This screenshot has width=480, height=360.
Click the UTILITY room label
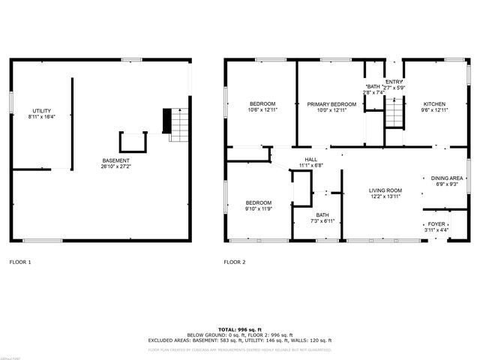coord(42,110)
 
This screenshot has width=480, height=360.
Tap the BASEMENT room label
coord(116,160)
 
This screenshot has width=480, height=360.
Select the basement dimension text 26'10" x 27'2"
coord(116,166)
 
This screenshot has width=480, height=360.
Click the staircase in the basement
coord(178,124)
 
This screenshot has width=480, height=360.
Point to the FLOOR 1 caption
coord(20,262)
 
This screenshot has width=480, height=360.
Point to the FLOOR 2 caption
coord(235,262)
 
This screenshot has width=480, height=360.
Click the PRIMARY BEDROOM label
coord(331,103)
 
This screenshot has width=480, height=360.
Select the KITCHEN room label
coord(435,103)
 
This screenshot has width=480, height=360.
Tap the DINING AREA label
coord(446,178)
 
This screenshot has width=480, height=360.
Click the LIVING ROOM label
coord(385,190)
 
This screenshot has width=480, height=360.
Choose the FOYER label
coord(436,223)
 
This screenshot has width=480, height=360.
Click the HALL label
coord(310,159)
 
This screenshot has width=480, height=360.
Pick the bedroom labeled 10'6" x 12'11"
coord(262,103)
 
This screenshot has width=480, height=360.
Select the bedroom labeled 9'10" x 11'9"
coord(259,202)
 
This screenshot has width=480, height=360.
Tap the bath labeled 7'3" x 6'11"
coord(322,215)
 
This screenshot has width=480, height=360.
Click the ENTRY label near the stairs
coord(394,82)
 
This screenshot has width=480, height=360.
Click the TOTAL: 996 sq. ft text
coord(239,328)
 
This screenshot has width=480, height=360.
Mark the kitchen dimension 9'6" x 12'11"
coord(435,110)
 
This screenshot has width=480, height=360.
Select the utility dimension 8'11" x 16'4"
coord(42,117)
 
